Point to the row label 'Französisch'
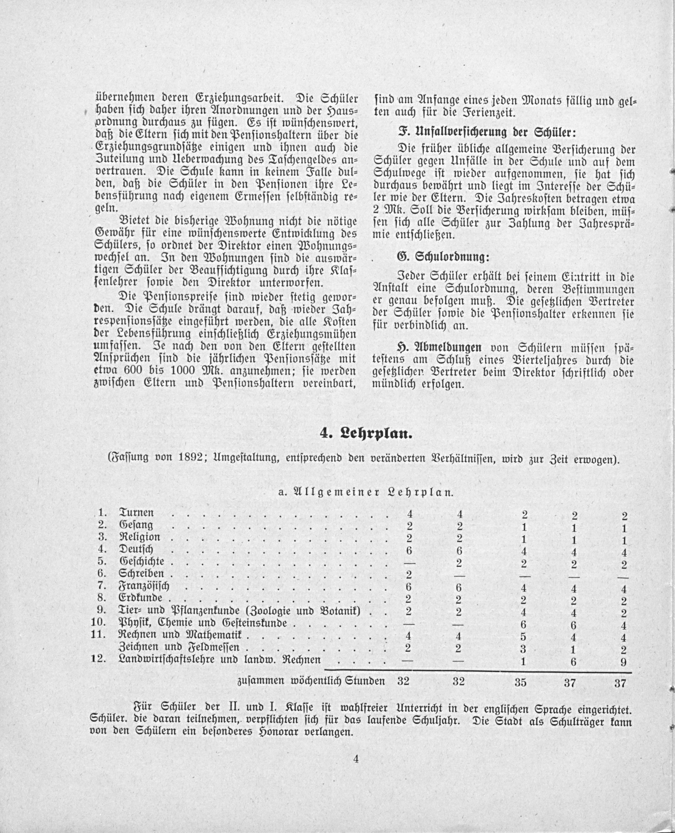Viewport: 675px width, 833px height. [144, 586]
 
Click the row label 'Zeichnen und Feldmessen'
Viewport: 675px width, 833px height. [178, 648]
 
